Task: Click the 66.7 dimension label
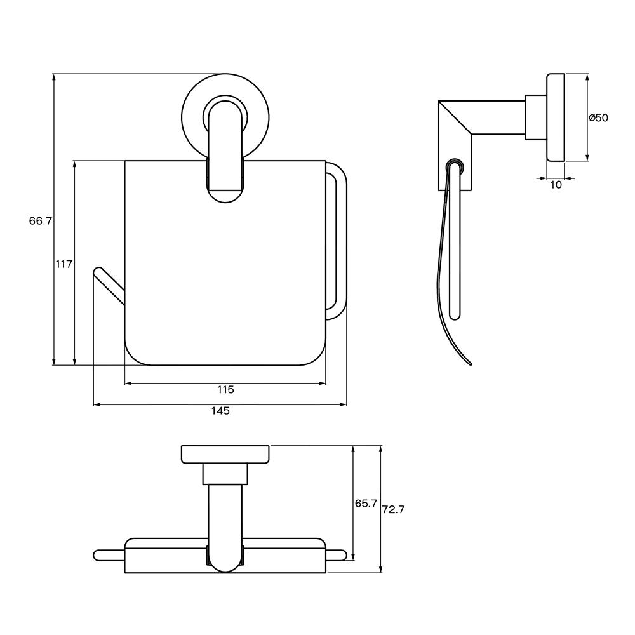pyautogui.click(x=41, y=221)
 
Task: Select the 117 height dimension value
pyautogui.click(x=64, y=264)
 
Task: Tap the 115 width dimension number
pyautogui.click(x=225, y=390)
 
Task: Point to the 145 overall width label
pyautogui.click(x=220, y=411)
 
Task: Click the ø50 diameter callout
pyautogui.click(x=598, y=118)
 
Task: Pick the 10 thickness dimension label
pyautogui.click(x=556, y=185)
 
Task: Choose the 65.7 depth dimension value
pyautogui.click(x=366, y=504)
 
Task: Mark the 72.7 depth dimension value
pyautogui.click(x=393, y=509)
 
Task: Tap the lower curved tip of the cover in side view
pyautogui.click(x=470, y=363)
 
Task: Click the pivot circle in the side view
pyautogui.click(x=455, y=166)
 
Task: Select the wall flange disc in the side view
pyautogui.click(x=556, y=117)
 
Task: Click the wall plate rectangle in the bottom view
pyautogui.click(x=225, y=455)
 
